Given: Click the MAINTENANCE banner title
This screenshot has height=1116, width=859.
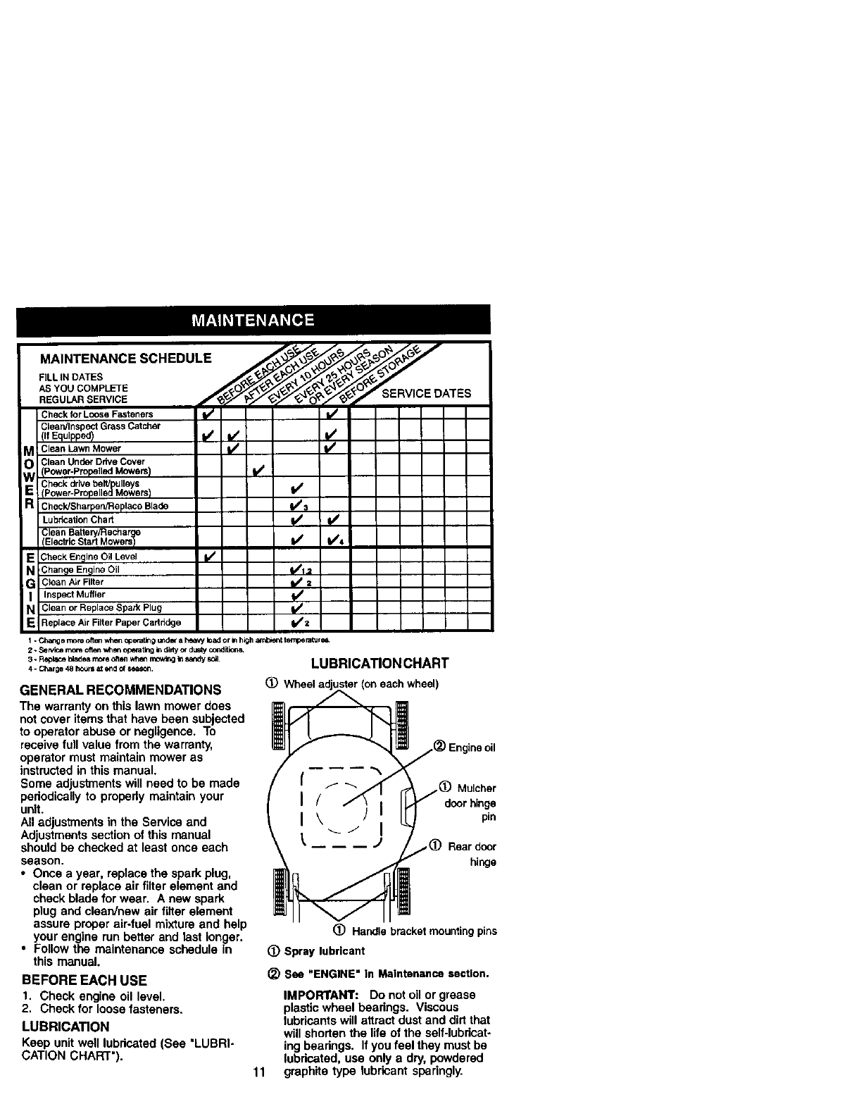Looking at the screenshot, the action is pyautogui.click(x=253, y=320).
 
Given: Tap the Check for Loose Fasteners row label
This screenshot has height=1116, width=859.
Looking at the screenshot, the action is pyautogui.click(x=96, y=414).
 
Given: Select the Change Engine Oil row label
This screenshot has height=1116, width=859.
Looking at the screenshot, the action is pyautogui.click(x=81, y=569).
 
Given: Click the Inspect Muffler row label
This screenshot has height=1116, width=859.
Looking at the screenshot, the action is pyautogui.click(x=75, y=595).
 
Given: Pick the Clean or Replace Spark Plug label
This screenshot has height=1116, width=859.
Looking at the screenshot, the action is pyautogui.click(x=101, y=607).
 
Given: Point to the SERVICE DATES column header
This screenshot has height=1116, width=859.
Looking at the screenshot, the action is pyautogui.click(x=426, y=393).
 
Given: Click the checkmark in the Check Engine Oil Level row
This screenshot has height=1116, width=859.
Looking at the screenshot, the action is pyautogui.click(x=208, y=557).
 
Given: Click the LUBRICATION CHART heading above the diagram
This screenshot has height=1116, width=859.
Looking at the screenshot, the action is pyautogui.click(x=380, y=663).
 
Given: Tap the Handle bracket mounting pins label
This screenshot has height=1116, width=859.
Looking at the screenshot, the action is pyautogui.click(x=424, y=931).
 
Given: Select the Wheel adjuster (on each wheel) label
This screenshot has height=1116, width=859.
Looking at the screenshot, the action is pyautogui.click(x=360, y=683).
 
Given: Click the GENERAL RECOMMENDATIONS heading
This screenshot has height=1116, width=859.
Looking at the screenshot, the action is pyautogui.click(x=120, y=689).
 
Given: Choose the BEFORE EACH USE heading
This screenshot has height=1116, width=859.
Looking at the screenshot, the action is pyautogui.click(x=84, y=980).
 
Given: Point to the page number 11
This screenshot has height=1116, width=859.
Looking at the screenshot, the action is pyautogui.click(x=258, y=1073).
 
